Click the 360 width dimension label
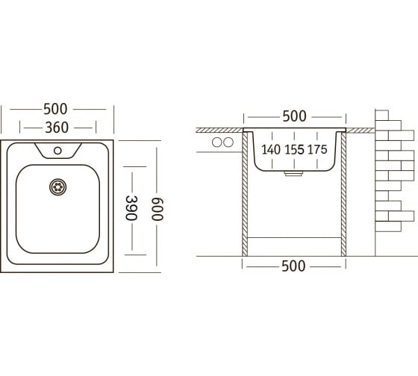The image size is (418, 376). [57, 128]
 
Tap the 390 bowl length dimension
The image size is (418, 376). [131, 208]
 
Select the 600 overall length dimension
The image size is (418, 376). [157, 209]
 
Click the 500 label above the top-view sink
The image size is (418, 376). [55, 109]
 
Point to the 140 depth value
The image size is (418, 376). [271, 149]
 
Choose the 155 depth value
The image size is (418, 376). [294, 149]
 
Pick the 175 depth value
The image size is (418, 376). [317, 149]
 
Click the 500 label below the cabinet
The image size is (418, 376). [293, 266]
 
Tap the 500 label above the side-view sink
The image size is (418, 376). [294, 116]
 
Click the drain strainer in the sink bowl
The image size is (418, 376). [58, 187]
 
